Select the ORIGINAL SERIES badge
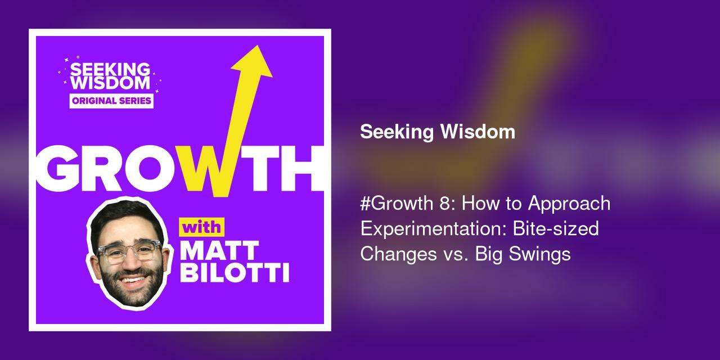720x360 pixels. point(111,101)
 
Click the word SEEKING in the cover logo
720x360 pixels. point(110,70)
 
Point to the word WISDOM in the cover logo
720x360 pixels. point(110,83)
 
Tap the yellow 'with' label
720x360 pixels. point(201,229)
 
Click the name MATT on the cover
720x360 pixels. point(219,251)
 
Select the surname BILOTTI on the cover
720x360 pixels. point(234,274)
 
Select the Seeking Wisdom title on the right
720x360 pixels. point(438,132)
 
